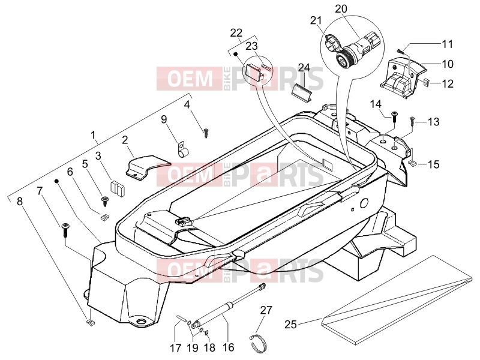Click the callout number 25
(x=290, y=324)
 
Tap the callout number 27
(x=266, y=310)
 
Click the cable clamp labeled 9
(x=182, y=150)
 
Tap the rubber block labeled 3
(x=117, y=188)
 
